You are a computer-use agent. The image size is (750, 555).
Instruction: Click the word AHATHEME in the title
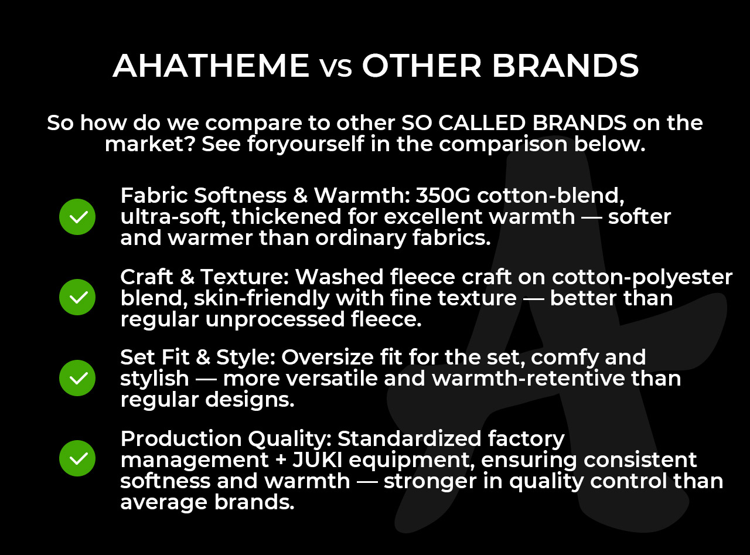tap(211, 66)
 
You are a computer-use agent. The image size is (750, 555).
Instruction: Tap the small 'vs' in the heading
tap(336, 69)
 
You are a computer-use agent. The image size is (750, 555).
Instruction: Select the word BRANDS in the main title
tap(565, 66)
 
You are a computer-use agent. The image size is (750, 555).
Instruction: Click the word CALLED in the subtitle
tap(482, 122)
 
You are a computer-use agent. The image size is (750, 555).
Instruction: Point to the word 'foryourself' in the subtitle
tap(305, 144)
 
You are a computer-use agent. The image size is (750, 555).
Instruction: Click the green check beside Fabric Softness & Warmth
tap(77, 217)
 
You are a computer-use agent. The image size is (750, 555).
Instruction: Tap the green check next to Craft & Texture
tap(77, 297)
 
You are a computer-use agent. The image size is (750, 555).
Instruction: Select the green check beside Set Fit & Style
tap(77, 378)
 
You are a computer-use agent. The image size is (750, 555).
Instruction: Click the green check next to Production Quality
tap(77, 459)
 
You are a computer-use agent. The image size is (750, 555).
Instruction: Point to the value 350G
tap(443, 196)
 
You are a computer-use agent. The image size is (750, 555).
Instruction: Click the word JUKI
tap(317, 460)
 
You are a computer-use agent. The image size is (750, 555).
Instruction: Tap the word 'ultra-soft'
tap(173, 217)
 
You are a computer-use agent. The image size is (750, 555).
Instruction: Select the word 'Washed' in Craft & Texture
tap(339, 277)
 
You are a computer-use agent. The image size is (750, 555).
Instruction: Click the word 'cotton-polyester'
tap(642, 278)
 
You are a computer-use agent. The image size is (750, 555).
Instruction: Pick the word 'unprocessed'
tap(275, 320)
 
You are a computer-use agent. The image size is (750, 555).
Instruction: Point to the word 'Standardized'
tap(409, 438)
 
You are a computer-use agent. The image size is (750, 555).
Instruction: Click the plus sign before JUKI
tap(281, 460)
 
